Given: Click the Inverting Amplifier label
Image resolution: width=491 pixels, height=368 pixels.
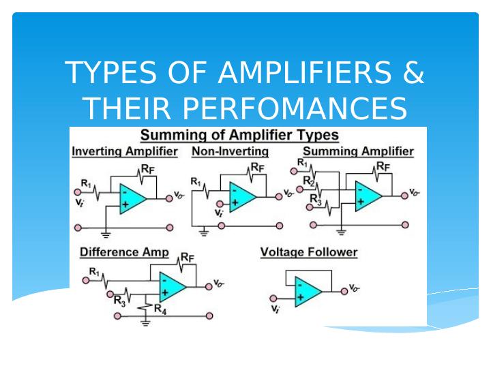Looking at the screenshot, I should click(x=125, y=151).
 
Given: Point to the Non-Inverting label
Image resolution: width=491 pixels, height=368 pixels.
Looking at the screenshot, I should click(x=230, y=151).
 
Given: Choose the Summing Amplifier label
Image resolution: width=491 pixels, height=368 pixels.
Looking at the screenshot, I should click(x=358, y=151).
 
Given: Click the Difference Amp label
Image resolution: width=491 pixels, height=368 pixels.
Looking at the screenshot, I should click(x=124, y=252).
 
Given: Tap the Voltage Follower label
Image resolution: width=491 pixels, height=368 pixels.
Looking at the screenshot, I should click(x=309, y=252).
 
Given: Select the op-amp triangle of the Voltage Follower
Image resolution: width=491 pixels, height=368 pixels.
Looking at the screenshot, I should click(x=308, y=292).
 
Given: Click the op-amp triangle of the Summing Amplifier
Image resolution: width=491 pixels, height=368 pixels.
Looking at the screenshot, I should click(x=367, y=194).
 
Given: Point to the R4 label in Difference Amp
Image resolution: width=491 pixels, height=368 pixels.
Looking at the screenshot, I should click(x=161, y=309).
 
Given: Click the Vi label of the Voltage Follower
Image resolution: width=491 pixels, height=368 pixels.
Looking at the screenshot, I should click(x=275, y=310).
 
